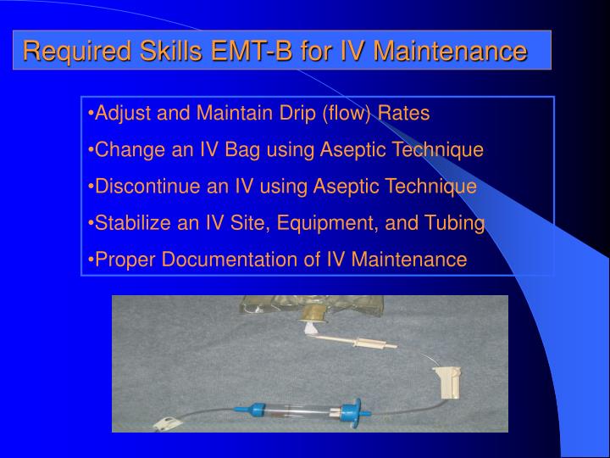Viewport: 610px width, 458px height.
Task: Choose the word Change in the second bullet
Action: pyautogui.click(x=123, y=150)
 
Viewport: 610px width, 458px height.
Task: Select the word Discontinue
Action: pyautogui.click(x=141, y=187)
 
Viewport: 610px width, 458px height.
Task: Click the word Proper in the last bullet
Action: pyautogui.click(x=121, y=260)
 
